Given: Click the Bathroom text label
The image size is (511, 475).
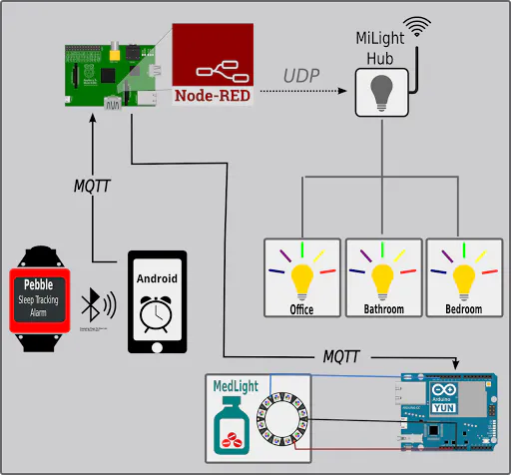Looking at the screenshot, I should [x=383, y=309].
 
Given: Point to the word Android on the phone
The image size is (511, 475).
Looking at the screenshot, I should [x=157, y=278].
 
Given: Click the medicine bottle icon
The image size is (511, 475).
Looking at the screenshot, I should [x=234, y=425].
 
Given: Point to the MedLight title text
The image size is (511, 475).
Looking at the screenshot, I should [x=236, y=385].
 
